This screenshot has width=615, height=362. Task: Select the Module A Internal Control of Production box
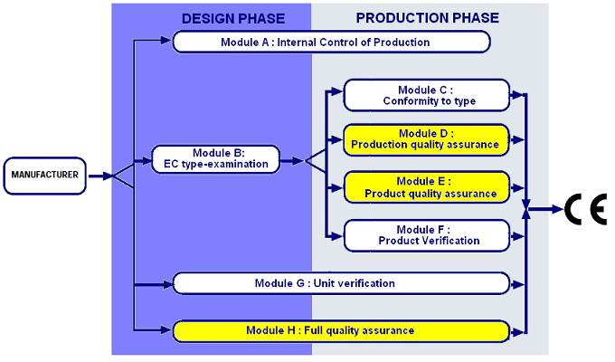(331, 42)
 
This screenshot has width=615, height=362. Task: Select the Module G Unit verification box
(342, 283)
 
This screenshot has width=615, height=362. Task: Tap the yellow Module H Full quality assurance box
(342, 329)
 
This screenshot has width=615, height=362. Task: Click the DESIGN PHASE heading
(232, 18)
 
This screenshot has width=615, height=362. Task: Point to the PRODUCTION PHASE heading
(428, 18)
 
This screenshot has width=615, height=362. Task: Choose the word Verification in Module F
(450, 240)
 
